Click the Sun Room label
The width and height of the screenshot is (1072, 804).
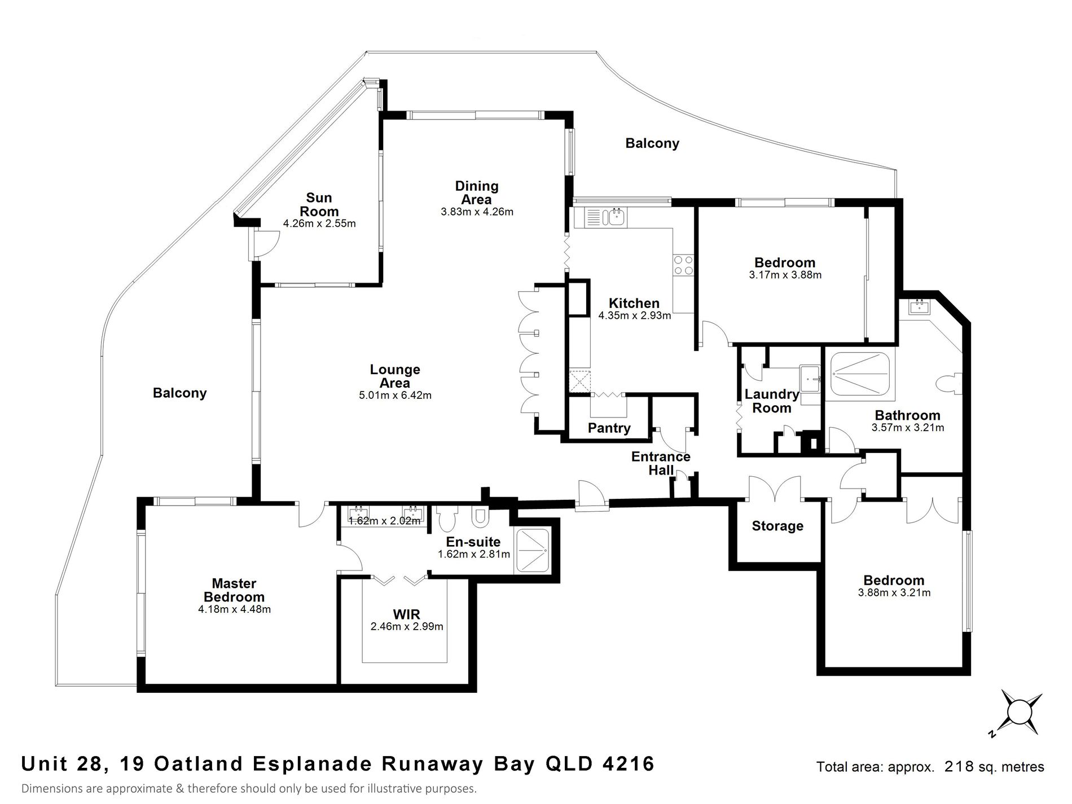pyautogui.click(x=319, y=204)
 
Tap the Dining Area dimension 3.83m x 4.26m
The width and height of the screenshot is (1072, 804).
pyautogui.click(x=477, y=212)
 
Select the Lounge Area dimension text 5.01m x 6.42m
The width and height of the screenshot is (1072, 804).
pyautogui.click(x=395, y=396)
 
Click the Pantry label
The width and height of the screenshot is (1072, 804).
pyautogui.click(x=609, y=428)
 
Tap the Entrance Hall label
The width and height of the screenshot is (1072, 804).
pyautogui.click(x=661, y=463)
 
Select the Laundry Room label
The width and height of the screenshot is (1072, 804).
pyautogui.click(x=772, y=401)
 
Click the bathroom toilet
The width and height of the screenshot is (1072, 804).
pyautogui.click(x=948, y=384)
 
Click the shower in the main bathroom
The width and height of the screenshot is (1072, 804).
pyautogui.click(x=859, y=375)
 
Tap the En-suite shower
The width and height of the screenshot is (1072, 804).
pyautogui.click(x=533, y=550)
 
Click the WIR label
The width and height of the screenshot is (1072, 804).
pyautogui.click(x=407, y=614)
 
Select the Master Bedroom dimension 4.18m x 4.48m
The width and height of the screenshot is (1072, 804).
pyautogui.click(x=234, y=609)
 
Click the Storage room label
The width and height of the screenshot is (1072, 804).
pyautogui.click(x=777, y=526)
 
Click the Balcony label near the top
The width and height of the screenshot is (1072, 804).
pyautogui.click(x=652, y=143)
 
